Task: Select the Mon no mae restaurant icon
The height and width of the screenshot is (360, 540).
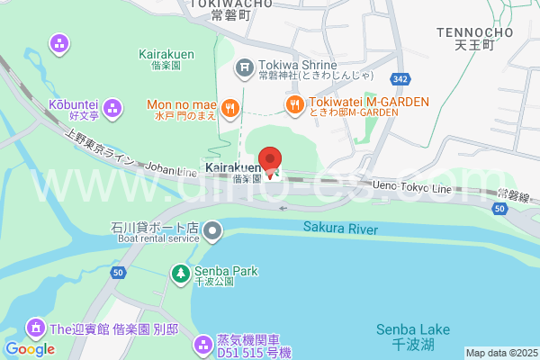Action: pyautogui.click(x=230, y=109)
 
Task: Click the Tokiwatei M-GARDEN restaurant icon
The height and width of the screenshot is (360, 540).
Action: pyautogui.click(x=293, y=105)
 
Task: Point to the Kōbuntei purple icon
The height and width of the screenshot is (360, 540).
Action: pyautogui.click(x=112, y=109)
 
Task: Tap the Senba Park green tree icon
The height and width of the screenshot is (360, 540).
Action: pyautogui.click(x=181, y=271)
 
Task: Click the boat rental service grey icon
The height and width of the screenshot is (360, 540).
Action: pyautogui.click(x=212, y=232)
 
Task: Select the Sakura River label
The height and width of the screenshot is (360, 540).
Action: pyautogui.click(x=339, y=229)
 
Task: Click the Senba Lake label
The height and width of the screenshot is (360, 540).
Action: pyautogui.click(x=406, y=328)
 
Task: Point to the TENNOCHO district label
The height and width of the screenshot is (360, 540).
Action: pyautogui.click(x=474, y=33)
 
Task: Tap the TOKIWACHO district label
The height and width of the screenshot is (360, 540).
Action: pyautogui.click(x=231, y=4)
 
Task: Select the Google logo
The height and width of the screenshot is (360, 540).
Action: pyautogui.click(x=30, y=349)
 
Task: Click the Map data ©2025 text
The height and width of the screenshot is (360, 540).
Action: pyautogui.click(x=500, y=353)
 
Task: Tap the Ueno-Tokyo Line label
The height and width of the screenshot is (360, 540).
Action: pyautogui.click(x=411, y=186)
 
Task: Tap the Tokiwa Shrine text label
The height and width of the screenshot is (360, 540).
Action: pyautogui.click(x=297, y=65)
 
